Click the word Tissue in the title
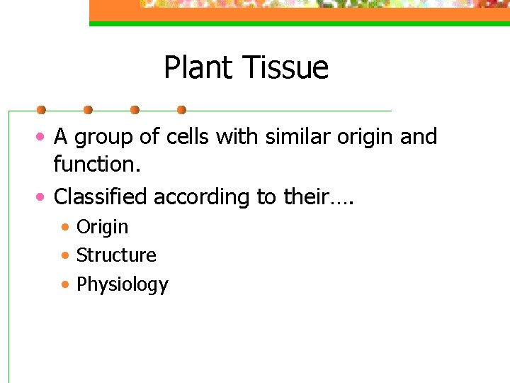click(285, 68)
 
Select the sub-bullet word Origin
click(102, 228)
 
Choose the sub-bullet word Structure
click(116, 255)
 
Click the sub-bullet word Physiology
click(122, 284)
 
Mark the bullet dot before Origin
click(65, 228)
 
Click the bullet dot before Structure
click(65, 255)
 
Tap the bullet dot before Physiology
click(65, 284)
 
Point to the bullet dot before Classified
click(42, 196)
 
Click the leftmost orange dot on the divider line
click(41, 110)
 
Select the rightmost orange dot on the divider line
click(181, 110)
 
